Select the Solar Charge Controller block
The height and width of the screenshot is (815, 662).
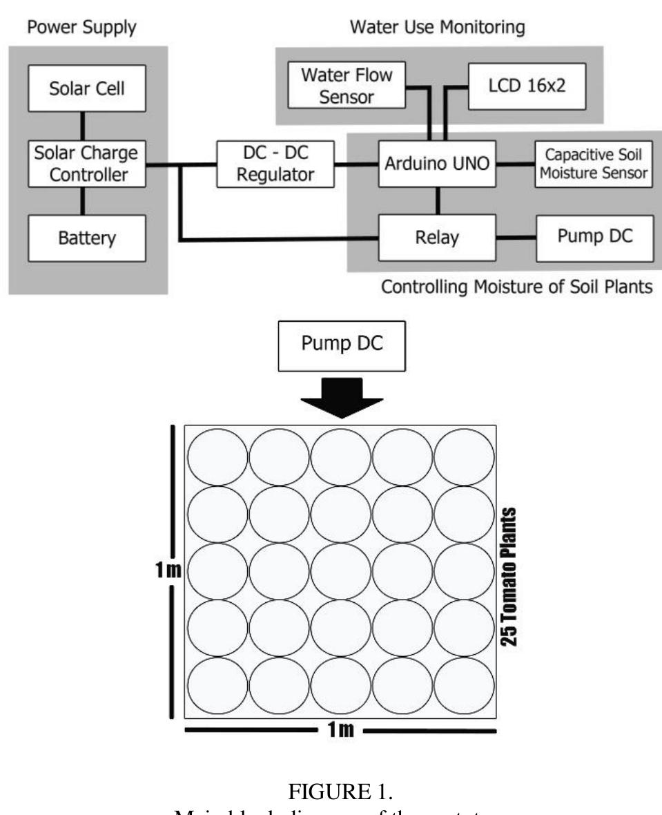(x=86, y=165)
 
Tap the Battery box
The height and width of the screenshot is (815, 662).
(x=86, y=238)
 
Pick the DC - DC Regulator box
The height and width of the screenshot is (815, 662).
(x=275, y=164)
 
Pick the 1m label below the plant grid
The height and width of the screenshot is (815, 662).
(x=340, y=730)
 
